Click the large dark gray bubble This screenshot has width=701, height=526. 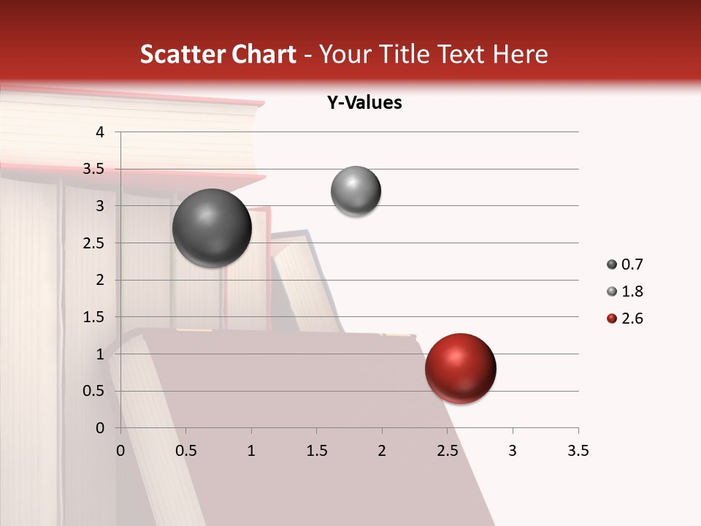pyautogui.click(x=212, y=228)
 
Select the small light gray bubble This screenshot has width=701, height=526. pyautogui.click(x=356, y=191)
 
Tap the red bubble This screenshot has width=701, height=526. pyautogui.click(x=460, y=368)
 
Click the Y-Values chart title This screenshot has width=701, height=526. pyautogui.click(x=364, y=103)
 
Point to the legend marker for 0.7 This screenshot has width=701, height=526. pyautogui.click(x=612, y=264)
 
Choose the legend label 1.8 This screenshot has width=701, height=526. pyautogui.click(x=632, y=291)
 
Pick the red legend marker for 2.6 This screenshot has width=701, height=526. pyautogui.click(x=612, y=319)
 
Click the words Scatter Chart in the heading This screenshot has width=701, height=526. pyautogui.click(x=218, y=54)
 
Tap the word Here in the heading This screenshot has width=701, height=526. pyautogui.click(x=520, y=54)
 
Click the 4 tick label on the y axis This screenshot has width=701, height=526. pyautogui.click(x=100, y=132)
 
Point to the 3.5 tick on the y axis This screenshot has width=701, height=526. pyautogui.click(x=93, y=169)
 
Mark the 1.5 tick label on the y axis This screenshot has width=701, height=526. pyautogui.click(x=93, y=317)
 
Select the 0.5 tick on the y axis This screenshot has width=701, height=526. pyautogui.click(x=93, y=391)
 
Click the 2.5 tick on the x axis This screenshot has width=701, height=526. pyautogui.click(x=447, y=451)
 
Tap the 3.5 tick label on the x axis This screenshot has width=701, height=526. pyautogui.click(x=578, y=451)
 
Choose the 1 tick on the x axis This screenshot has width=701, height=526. pyautogui.click(x=251, y=451)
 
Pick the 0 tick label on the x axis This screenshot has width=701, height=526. pyautogui.click(x=120, y=451)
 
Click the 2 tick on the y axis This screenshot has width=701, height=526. pyautogui.click(x=100, y=280)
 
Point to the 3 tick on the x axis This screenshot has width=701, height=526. pyautogui.click(x=513, y=451)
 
